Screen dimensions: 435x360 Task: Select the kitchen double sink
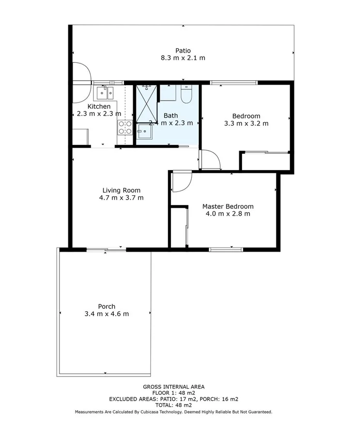tap(105, 91)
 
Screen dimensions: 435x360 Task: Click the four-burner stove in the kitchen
tap(125, 127)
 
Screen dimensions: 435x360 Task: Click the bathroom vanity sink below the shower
tap(144, 131)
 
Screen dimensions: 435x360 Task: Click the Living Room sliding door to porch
tap(106, 249)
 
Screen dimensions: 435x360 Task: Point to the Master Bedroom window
tap(226, 249)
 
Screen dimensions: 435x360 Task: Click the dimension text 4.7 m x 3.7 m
tap(121, 198)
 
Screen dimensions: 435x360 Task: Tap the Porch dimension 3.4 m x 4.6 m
tap(106, 314)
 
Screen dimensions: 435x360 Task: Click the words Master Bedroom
tap(227, 206)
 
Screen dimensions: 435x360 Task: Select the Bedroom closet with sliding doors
tap(265, 161)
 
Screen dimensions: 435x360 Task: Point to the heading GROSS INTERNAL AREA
tap(173, 387)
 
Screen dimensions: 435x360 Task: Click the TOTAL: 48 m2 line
tap(173, 406)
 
